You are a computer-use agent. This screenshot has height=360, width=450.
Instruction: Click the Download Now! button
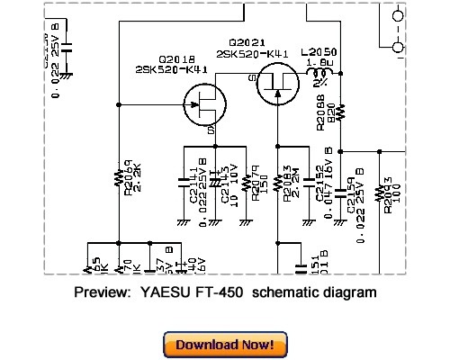pos(225,345)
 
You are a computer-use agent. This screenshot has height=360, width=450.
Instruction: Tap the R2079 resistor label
pos(255,180)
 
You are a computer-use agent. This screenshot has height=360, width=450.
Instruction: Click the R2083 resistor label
pos(287,183)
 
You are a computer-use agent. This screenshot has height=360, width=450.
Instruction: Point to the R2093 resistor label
pos(387,191)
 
